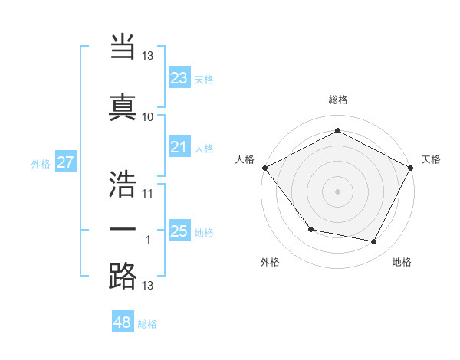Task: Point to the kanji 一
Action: pos(123,227)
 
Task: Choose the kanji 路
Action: pos(123,276)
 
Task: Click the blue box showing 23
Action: pos(179,78)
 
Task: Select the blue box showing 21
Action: pos(179,147)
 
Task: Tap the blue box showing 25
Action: pos(179,231)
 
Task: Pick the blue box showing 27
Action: pos(66,162)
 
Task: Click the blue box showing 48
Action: pos(123,322)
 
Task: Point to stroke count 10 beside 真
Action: pos(147,117)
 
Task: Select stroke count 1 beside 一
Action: pos(149,240)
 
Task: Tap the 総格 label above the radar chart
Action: pos(338,100)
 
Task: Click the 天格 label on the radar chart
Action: pos(431,159)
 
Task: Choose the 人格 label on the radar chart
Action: pos(245,159)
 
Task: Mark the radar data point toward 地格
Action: pos(374,242)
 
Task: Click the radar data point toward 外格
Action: pos(310,229)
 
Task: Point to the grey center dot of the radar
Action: pos(338,191)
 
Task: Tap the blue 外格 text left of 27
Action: pos(41,163)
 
